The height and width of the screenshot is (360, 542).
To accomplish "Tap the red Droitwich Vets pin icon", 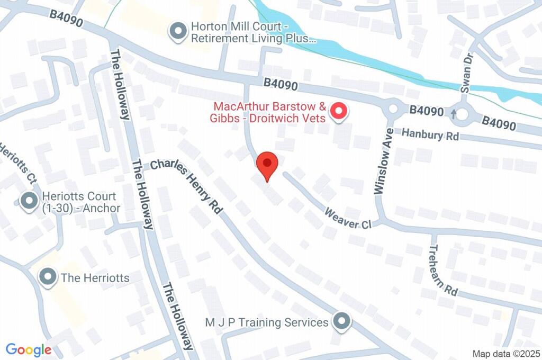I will coord(339,112).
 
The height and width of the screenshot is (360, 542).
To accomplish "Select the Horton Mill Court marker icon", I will coord(177,31).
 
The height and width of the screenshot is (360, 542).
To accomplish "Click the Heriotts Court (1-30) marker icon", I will coord(28,201).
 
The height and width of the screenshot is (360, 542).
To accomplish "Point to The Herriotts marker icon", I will coord(49,277).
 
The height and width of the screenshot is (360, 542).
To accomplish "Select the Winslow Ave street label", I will coord(384,161).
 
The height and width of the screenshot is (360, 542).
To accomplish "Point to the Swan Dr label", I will coord(465,74).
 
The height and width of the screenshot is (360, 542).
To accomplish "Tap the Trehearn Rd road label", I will coord(442,270).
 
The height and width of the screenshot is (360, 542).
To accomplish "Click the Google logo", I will coord(29,350).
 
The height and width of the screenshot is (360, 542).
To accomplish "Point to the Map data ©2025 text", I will coord(505,354).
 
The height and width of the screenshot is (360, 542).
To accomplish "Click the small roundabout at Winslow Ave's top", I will coord(393,109).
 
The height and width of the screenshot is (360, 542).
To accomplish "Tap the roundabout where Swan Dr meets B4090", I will coord(464,113).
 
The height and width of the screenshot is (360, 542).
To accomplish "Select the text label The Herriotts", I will coord(95,277).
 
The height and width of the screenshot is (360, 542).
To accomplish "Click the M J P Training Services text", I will coord(267,322).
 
